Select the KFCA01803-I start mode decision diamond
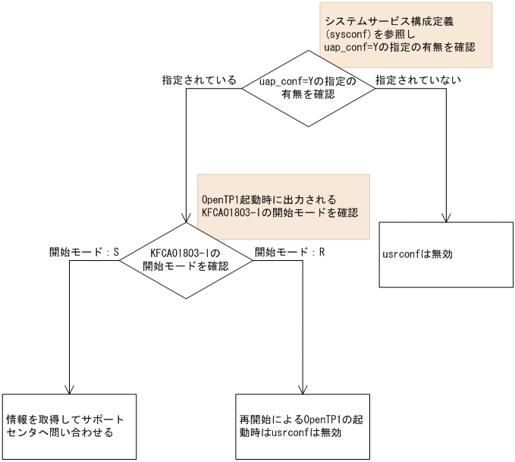(186, 259)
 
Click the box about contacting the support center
(69, 426)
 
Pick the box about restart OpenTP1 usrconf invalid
(303, 426)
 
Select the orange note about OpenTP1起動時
(282, 206)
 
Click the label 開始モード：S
(84, 252)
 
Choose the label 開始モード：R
(290, 252)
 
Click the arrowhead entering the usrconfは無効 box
(447, 218)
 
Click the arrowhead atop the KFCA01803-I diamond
(186, 217)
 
